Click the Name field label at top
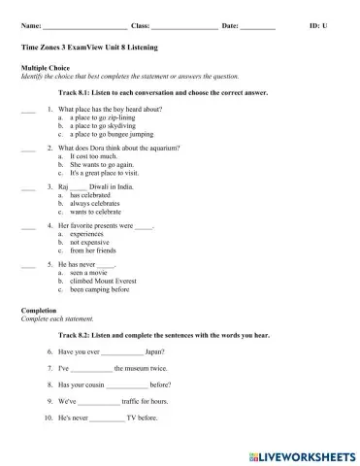click(x=29, y=24)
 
